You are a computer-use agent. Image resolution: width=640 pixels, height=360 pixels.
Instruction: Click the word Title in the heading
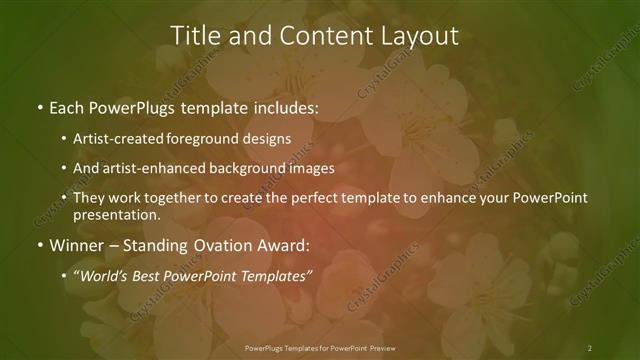pyautogui.click(x=195, y=36)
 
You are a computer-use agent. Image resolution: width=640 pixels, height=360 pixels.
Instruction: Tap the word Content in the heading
pyautogui.click(x=310, y=36)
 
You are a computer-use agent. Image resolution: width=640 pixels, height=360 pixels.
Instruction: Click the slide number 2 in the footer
pyautogui.click(x=590, y=348)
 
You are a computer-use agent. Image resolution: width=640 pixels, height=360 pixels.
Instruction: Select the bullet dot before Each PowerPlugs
pyautogui.click(x=38, y=105)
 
